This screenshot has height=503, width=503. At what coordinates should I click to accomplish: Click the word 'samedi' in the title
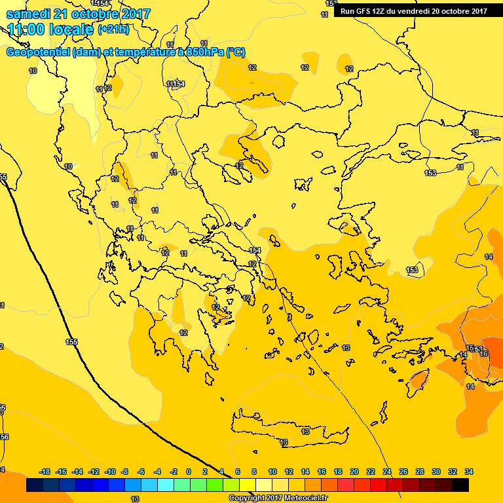[x=29, y=14]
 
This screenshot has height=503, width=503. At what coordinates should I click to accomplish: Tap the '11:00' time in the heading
[x=24, y=29]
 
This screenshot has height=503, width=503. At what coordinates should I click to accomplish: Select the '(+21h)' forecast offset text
[x=113, y=29]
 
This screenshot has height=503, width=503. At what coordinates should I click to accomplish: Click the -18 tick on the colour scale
[x=45, y=472]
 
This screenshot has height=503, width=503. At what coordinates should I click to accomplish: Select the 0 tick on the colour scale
[x=189, y=472]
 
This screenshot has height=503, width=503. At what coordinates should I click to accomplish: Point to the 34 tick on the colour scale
[x=469, y=472]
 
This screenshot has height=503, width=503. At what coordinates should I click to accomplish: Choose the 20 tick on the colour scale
[x=354, y=472]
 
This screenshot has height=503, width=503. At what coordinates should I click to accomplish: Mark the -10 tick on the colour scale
[x=110, y=472]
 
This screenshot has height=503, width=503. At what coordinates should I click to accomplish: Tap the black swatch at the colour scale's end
[x=460, y=485]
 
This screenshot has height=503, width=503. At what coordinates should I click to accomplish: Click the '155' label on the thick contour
[x=71, y=342]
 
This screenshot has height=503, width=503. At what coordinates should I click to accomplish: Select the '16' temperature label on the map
[x=484, y=354]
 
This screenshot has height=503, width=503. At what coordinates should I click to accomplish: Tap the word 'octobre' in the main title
[x=96, y=14]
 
